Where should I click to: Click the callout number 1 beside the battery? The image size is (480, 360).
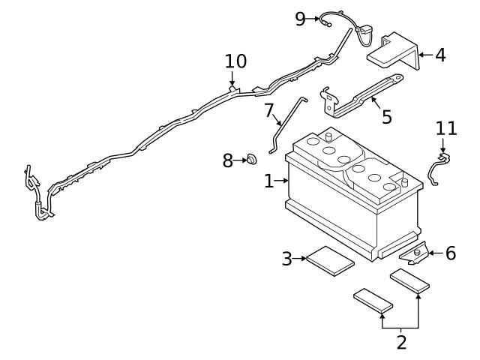point(269,181)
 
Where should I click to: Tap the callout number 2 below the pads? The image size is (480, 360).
point(401,343)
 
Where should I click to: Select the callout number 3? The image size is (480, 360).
point(287,259)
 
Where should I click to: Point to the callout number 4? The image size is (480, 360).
point(439,55)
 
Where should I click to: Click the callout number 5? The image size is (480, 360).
point(386,117)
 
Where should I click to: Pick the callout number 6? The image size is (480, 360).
point(450,253)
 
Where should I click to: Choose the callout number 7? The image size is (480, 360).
point(270,110)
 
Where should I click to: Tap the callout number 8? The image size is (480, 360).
point(228,160)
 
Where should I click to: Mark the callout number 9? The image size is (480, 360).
point(301,19)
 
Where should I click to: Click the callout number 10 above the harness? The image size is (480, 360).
point(235,60)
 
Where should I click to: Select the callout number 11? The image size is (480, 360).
point(446,128)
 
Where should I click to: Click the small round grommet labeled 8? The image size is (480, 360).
point(251,159)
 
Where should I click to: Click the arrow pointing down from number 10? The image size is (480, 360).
point(233,79)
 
